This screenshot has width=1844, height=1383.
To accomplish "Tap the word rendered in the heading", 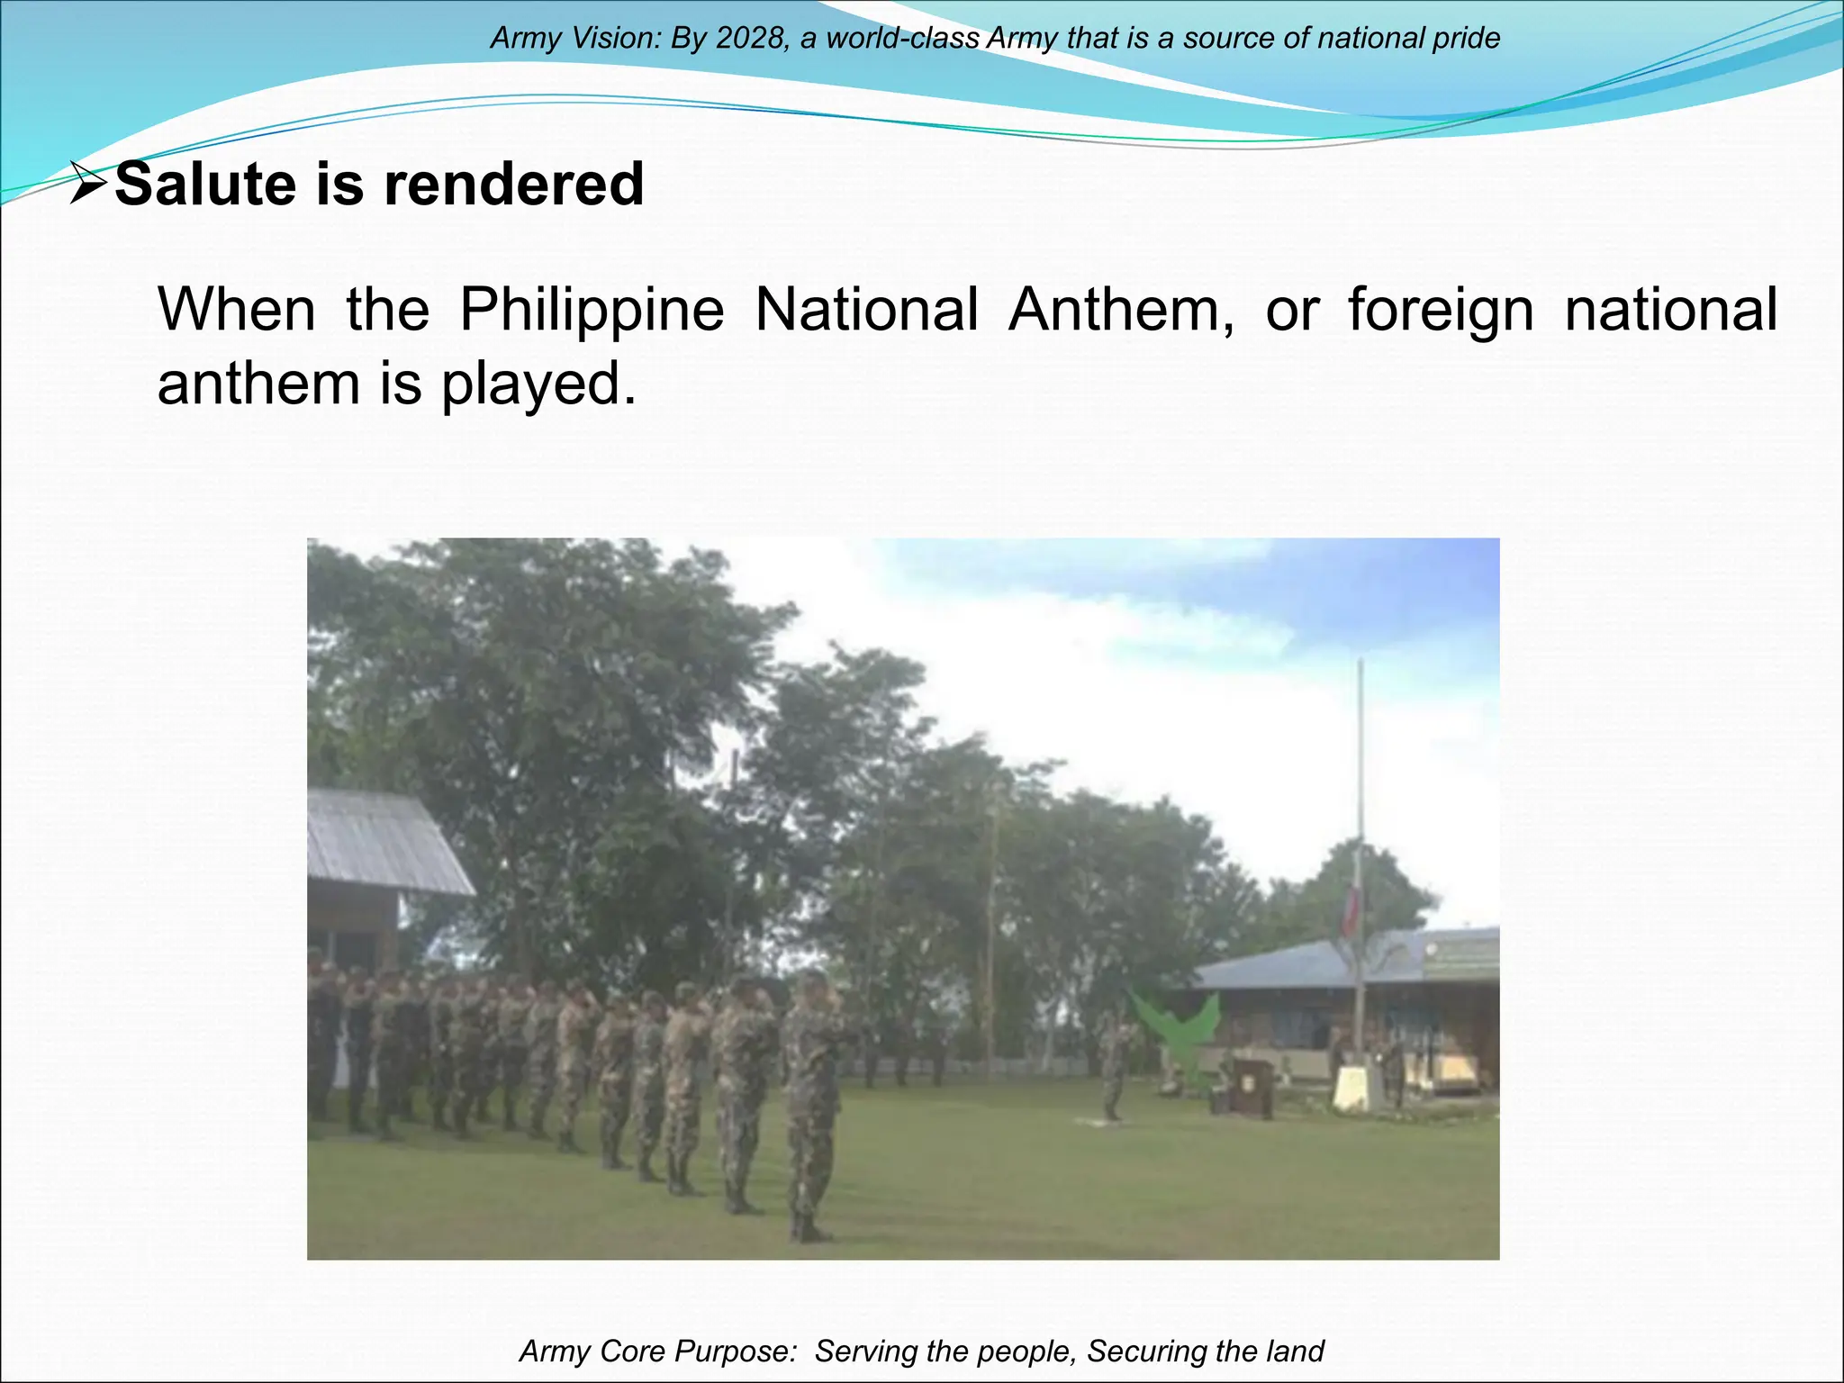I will coord(513,185).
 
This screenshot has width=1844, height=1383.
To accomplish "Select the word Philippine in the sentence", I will coord(592,310).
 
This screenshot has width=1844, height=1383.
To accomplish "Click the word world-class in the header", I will coord(903,39).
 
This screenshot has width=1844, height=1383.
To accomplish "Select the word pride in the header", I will coord(1467,39).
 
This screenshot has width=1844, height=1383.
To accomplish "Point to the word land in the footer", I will coord(1295,1351).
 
